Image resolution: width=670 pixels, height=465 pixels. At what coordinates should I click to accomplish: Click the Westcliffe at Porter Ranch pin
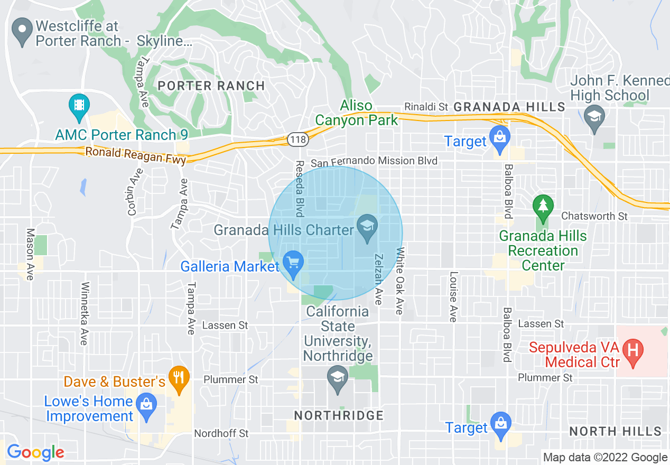tap(23, 32)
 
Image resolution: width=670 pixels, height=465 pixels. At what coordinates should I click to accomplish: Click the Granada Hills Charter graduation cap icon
tap(366, 228)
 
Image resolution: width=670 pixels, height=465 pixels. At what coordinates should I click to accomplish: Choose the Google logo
tap(35, 452)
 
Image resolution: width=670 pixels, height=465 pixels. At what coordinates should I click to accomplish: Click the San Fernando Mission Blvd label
tap(374, 161)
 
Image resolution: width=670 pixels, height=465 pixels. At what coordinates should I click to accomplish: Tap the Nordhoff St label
tap(221, 433)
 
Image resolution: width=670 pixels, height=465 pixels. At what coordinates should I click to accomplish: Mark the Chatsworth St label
tap(594, 216)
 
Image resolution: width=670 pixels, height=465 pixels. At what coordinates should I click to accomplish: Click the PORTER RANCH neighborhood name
tap(211, 86)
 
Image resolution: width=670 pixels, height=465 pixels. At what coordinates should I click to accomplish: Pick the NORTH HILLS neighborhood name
tap(615, 431)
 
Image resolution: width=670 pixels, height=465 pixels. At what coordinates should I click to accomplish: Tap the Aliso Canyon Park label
tap(357, 113)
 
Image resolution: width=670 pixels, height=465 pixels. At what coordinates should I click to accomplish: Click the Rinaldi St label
tap(426, 107)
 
